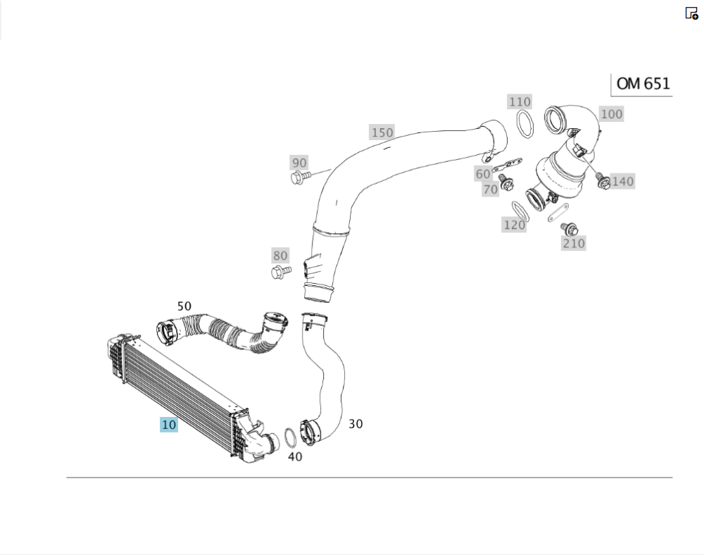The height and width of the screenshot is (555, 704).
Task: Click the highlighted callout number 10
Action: click(x=169, y=425)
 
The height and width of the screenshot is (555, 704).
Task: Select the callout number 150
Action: click(x=382, y=132)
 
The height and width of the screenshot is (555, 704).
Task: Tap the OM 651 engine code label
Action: click(x=642, y=84)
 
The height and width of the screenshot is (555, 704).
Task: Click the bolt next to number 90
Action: click(x=299, y=177)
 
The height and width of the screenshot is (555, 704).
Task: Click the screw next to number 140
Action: click(x=603, y=182)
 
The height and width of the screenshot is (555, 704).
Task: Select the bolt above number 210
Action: click(x=570, y=228)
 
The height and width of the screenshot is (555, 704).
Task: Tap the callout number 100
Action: click(x=611, y=114)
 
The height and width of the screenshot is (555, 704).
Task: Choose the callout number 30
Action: click(x=356, y=424)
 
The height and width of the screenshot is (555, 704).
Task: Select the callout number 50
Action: click(x=184, y=306)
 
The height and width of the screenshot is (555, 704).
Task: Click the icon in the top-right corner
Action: click(x=691, y=13)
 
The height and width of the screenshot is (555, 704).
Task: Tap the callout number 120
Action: click(x=514, y=225)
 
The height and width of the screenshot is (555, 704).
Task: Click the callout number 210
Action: click(x=573, y=244)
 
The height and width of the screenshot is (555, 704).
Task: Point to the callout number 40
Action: click(x=295, y=456)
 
